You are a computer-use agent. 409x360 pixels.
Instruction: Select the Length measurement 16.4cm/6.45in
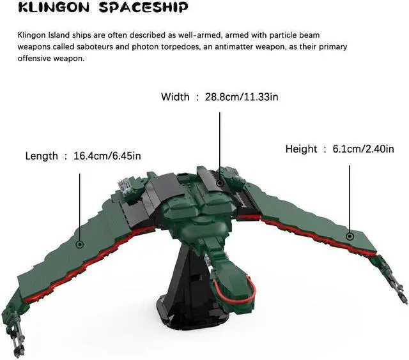tap(107, 156)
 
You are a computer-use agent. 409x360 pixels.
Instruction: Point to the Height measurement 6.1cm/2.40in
tap(362, 149)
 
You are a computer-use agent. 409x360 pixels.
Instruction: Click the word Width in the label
tap(175, 97)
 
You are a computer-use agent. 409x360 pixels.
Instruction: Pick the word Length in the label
tap(42, 156)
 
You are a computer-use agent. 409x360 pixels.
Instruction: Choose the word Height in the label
tap(301, 149)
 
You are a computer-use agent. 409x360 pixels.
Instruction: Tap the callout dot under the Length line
tap(80, 244)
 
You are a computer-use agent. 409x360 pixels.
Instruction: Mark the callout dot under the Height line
tap(350, 236)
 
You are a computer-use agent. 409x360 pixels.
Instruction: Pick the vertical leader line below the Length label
tap(80, 204)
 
